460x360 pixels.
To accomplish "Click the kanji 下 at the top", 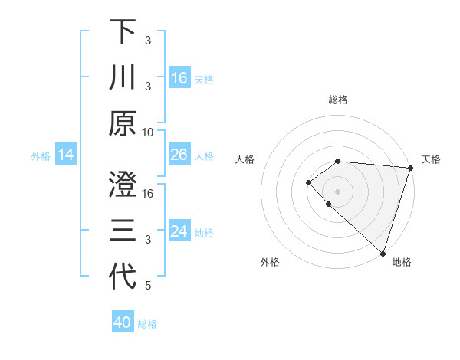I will [x=123, y=32].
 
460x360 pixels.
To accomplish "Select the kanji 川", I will [x=123, y=77].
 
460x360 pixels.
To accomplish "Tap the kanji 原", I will [x=123, y=123].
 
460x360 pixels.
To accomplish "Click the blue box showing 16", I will [x=179, y=77].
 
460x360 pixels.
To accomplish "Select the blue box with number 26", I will [x=179, y=155].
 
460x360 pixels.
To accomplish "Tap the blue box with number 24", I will [x=179, y=231].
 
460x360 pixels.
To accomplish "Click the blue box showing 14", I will [x=65, y=155].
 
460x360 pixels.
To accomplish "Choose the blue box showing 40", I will [x=123, y=322].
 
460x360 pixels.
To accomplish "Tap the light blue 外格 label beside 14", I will [x=41, y=156].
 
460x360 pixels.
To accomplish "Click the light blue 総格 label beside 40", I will [x=147, y=323].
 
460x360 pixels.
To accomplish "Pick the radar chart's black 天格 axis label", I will [x=431, y=159].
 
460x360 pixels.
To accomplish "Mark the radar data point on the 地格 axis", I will [x=383, y=253].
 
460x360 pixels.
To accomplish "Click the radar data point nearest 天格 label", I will [x=411, y=167].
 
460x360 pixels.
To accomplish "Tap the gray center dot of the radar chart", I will [x=337, y=191].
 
